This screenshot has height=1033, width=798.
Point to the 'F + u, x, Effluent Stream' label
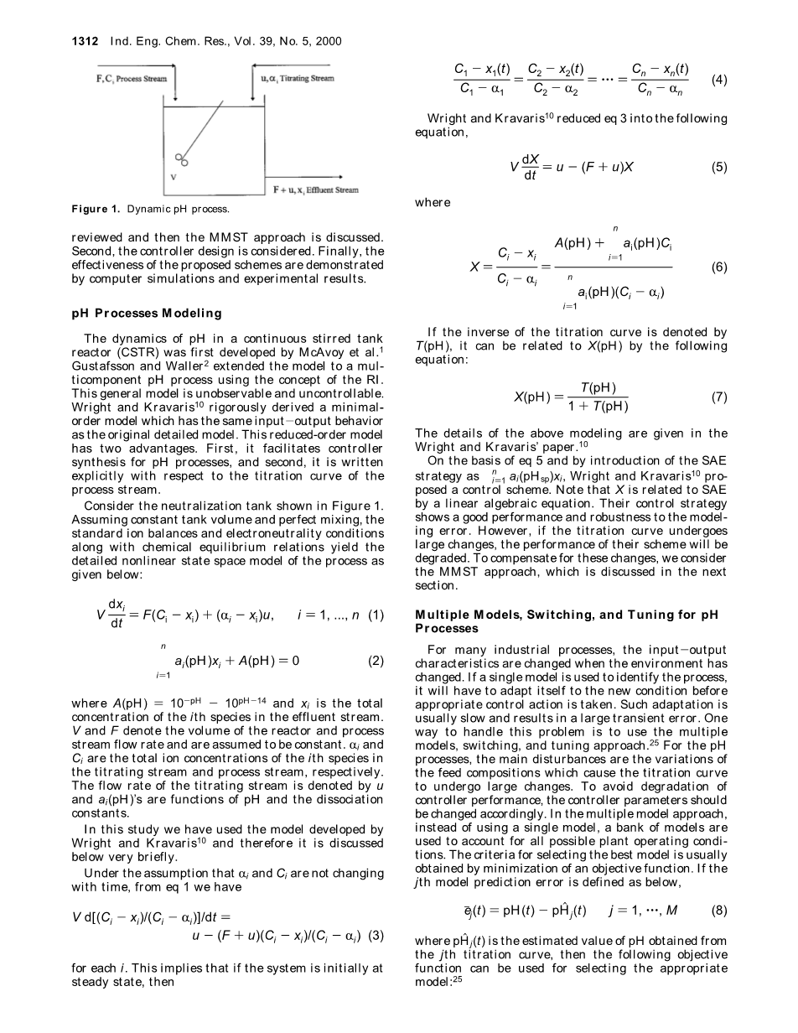(316, 190)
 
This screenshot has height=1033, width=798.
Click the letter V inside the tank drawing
(174, 177)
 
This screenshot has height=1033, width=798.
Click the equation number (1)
(375, 615)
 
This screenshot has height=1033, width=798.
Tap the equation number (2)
(375, 660)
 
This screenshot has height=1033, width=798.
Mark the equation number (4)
(718, 80)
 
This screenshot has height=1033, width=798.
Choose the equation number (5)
(718, 167)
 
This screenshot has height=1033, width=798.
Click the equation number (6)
(718, 267)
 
